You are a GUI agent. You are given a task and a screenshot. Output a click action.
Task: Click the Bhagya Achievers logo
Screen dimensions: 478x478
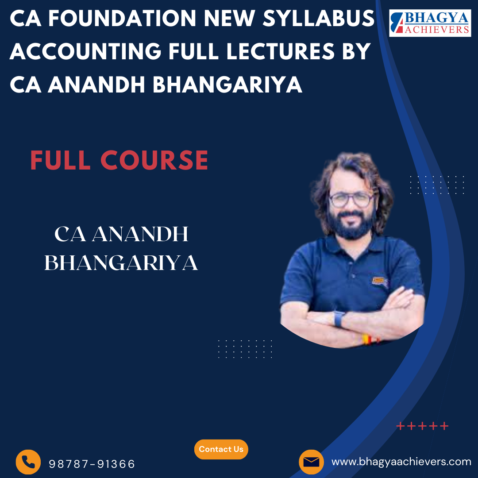pos(430,23)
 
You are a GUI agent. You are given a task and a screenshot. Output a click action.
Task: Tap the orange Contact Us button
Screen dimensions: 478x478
pos(221,449)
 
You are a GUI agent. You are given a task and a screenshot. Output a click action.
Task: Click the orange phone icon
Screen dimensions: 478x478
pos(28,462)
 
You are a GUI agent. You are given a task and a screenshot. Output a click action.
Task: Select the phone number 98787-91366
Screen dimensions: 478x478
pos(92,464)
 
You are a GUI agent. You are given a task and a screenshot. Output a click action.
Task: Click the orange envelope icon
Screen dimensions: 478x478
pos(311,462)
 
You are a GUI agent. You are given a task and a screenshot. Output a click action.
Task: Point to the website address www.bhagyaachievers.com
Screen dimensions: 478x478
pos(401,462)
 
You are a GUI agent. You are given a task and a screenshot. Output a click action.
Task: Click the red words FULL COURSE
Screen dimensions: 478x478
pos(119,160)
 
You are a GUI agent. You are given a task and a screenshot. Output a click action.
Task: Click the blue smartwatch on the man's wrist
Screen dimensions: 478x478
pos(339,319)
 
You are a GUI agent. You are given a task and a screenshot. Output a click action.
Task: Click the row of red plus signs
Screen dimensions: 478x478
pos(422,426)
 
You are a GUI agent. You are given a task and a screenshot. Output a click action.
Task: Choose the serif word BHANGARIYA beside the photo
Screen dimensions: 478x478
pos(121,263)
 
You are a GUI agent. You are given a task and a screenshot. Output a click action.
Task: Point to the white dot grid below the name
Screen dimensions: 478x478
pos(245,348)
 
